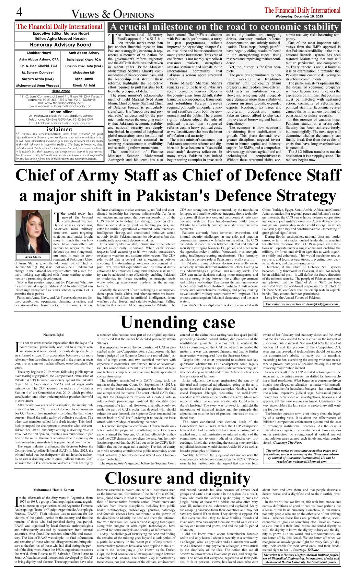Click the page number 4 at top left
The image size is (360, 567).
pyautogui.click(x=19, y=13)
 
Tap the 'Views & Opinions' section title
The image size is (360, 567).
pyautogui.click(x=113, y=14)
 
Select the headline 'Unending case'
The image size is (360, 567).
pyautogui.click(x=178, y=322)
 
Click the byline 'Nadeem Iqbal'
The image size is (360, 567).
pyautogui.click(x=54, y=334)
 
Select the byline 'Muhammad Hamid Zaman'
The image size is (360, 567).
pyautogui.click(x=54, y=490)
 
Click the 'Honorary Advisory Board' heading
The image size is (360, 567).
pyautogui.click(x=60, y=45)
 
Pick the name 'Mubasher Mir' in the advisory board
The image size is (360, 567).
pyautogui.click(x=84, y=72)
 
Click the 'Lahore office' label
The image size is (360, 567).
pyautogui.click(x=60, y=112)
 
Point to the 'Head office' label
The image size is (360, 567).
pyautogui.click(x=61, y=91)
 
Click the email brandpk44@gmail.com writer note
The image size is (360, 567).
pyautogui.click(x=302, y=304)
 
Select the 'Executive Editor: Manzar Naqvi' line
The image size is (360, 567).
pyautogui.click(x=60, y=34)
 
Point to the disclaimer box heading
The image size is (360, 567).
pyautogui.click(x=59, y=129)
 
